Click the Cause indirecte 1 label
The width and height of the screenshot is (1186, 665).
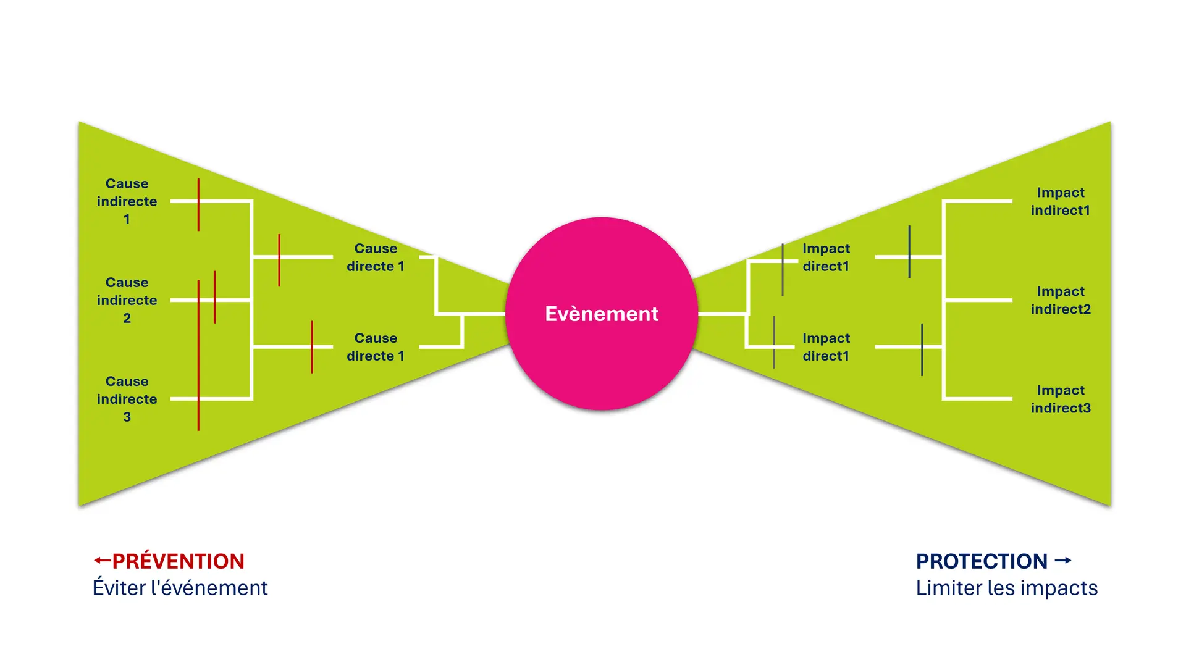click(x=127, y=201)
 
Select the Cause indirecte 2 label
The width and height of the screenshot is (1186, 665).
click(x=127, y=300)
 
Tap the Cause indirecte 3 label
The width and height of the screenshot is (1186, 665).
click(x=127, y=399)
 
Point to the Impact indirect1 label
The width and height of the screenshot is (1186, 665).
click(x=1061, y=201)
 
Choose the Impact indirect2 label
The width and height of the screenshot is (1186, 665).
click(x=1061, y=300)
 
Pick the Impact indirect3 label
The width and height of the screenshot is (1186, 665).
click(x=1061, y=399)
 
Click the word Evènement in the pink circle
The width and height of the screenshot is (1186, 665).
click(x=602, y=314)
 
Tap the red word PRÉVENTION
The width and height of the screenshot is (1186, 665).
click(x=179, y=561)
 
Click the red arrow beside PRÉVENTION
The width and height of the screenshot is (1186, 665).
click(x=101, y=561)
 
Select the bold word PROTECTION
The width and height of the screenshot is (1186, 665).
click(x=982, y=561)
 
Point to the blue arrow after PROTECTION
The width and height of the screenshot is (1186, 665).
click(x=1062, y=561)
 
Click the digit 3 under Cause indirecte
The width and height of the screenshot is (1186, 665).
click(x=127, y=417)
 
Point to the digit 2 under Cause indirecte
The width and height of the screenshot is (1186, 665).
click(x=127, y=318)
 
